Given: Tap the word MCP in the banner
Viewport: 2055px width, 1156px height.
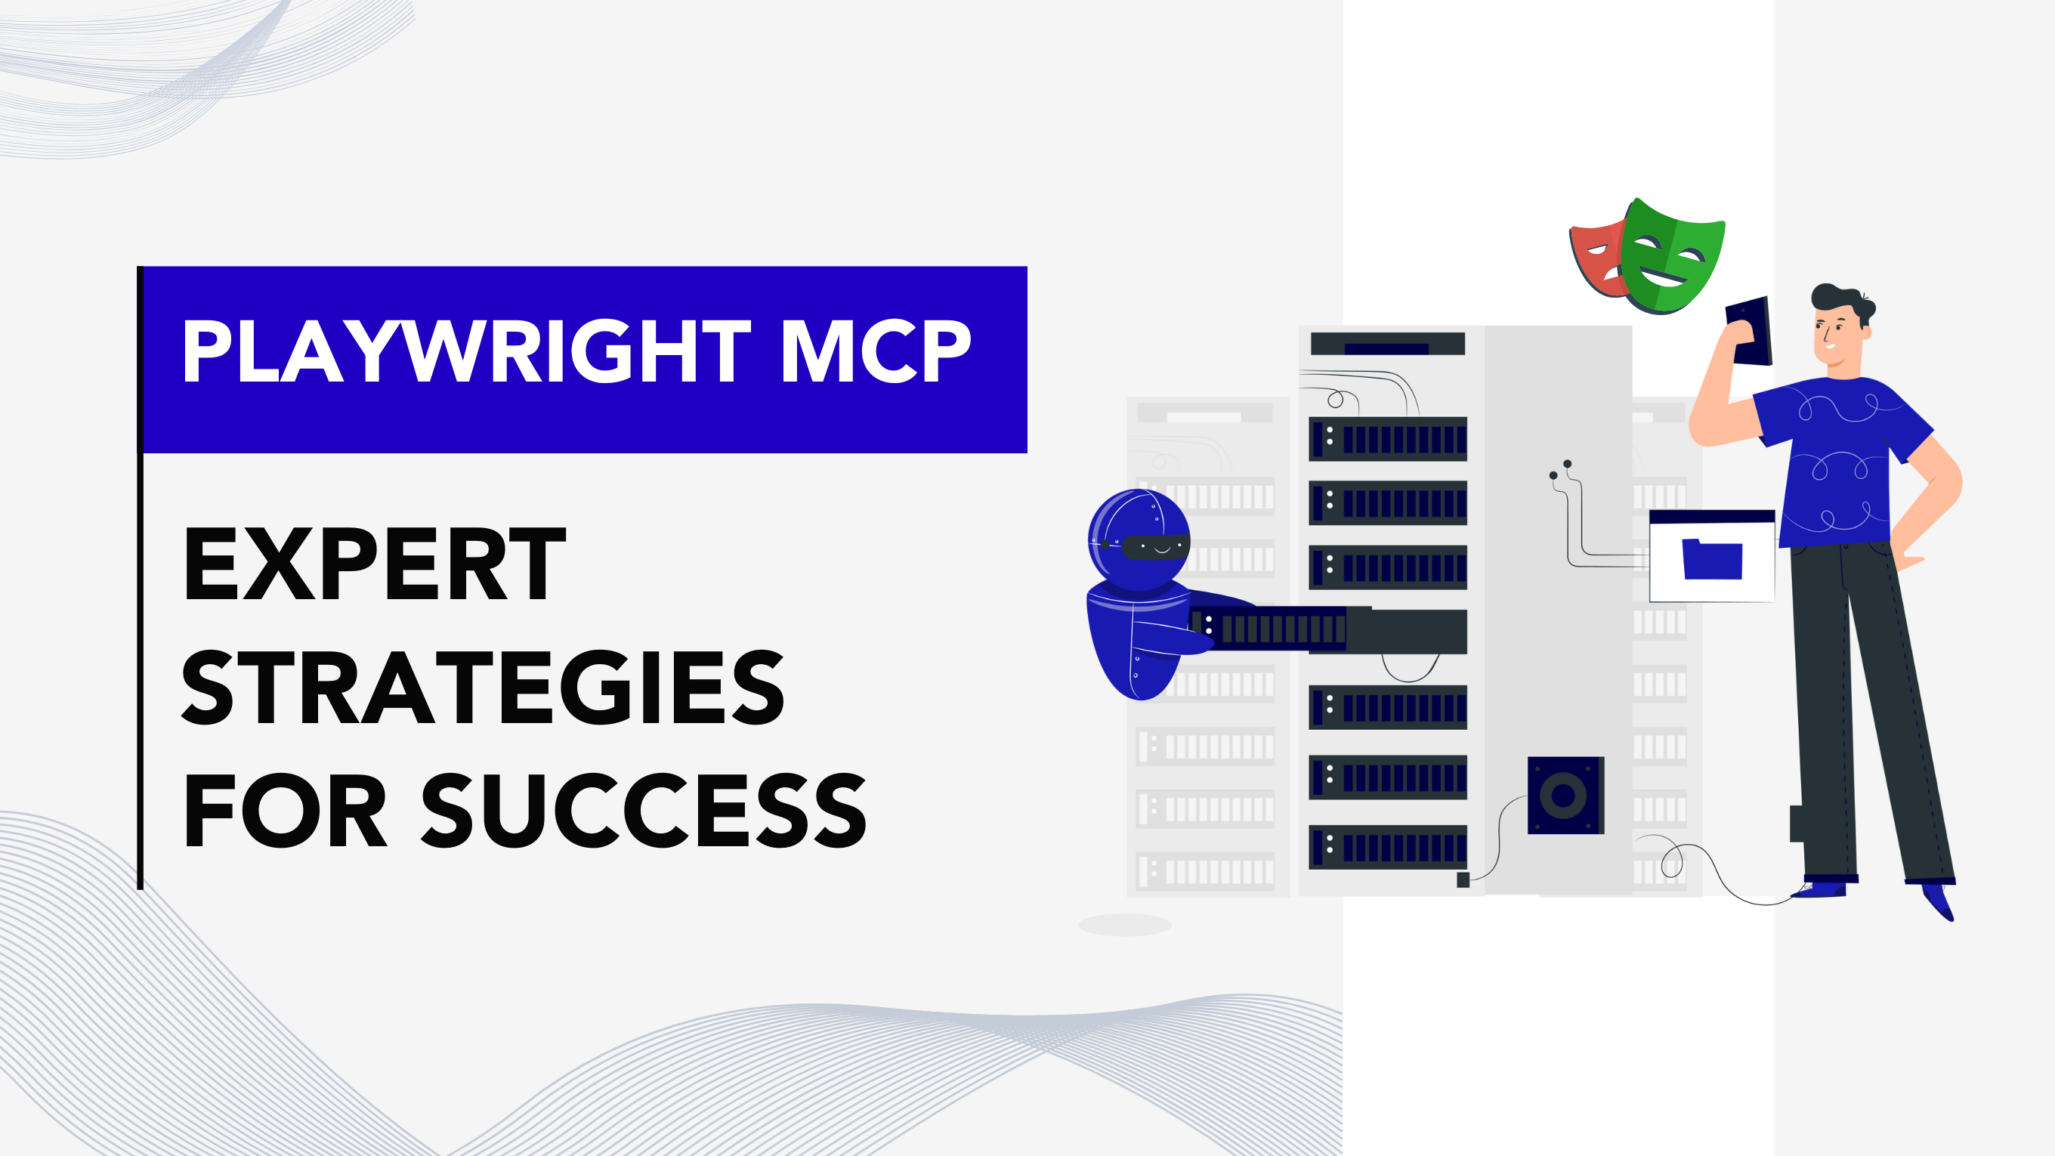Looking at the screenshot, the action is (876, 351).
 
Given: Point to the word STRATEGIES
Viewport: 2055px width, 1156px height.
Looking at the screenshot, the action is (484, 687).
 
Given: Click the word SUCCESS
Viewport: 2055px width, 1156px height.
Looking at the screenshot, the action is (644, 810).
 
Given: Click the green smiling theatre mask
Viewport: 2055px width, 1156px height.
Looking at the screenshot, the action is (1671, 255).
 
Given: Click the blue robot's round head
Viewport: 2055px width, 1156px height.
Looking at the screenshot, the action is (1139, 539).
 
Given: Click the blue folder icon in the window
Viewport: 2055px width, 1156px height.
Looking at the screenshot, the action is (1712, 559).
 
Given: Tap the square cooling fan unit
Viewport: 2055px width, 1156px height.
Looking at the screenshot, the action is (1565, 795).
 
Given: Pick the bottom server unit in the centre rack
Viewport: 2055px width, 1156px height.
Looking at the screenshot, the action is (1387, 846).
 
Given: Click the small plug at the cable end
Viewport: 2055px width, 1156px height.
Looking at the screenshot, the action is (1463, 879).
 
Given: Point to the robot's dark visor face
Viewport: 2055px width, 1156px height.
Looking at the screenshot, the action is (1156, 546).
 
